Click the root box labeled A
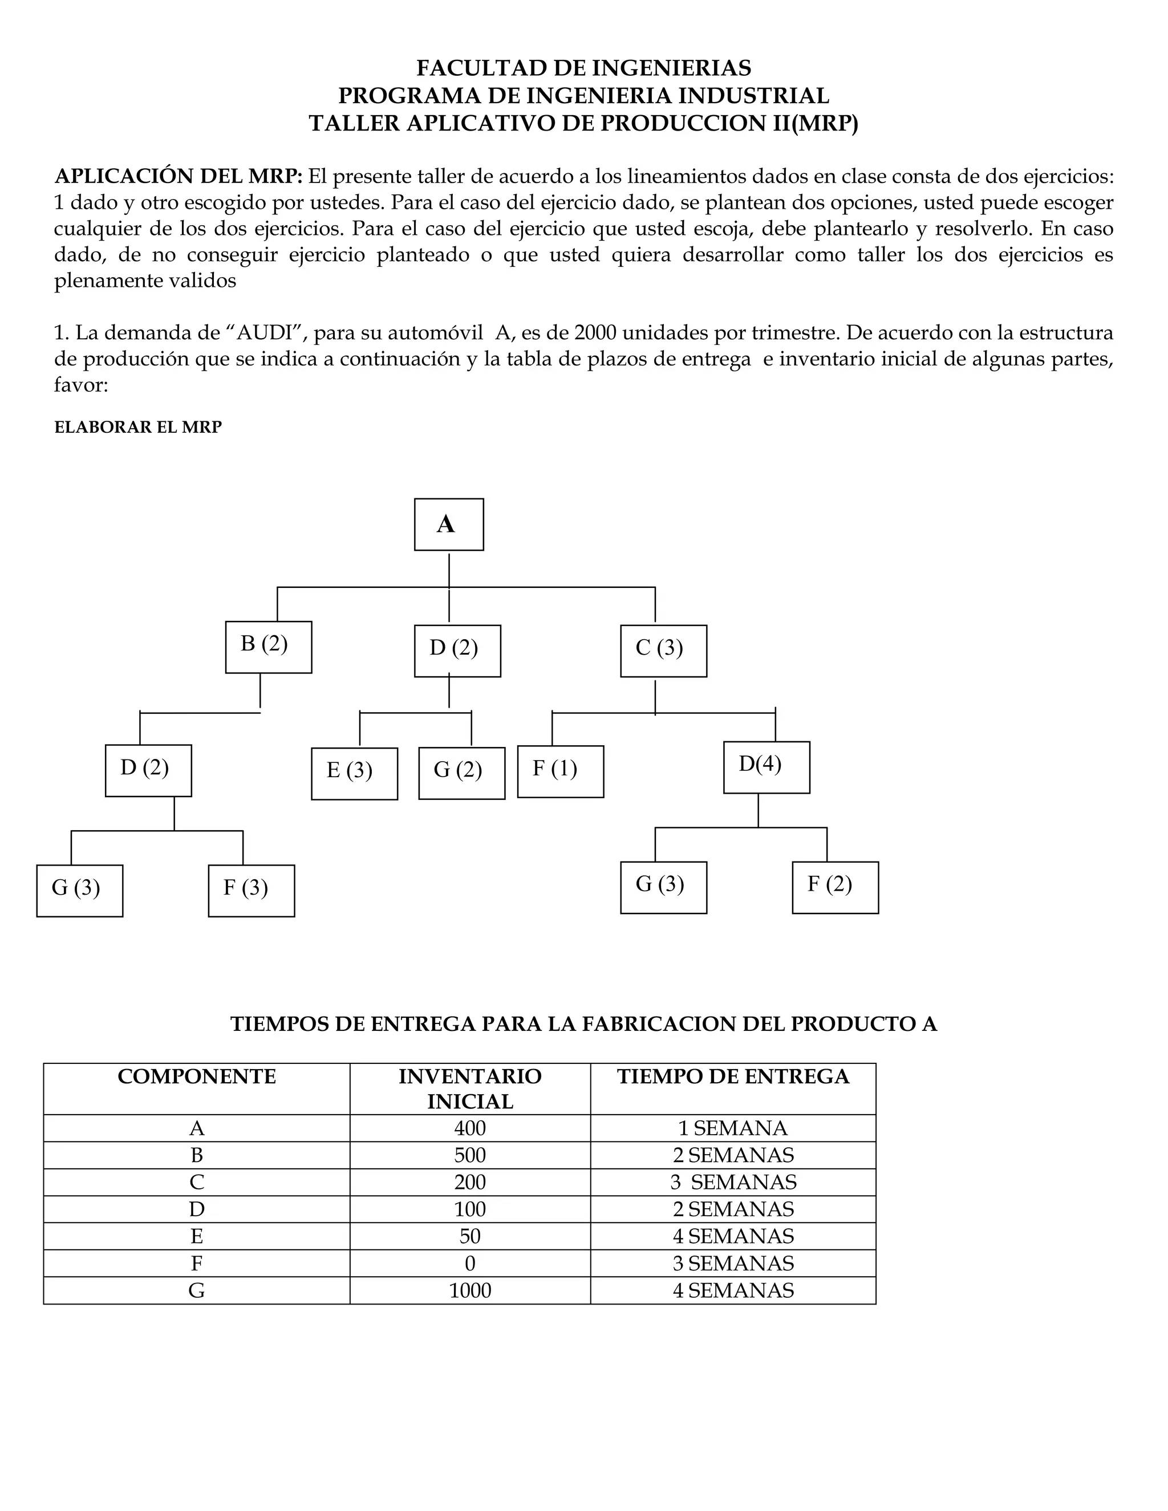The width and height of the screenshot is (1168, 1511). [448, 525]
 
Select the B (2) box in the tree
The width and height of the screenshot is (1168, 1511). [269, 647]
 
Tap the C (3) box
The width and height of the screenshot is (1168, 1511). [663, 651]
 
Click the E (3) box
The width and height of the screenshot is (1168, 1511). [354, 774]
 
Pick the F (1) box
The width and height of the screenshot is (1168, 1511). [561, 771]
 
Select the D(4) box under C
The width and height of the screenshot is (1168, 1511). [766, 767]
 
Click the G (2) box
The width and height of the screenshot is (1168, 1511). [461, 773]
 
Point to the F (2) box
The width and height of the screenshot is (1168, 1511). [835, 887]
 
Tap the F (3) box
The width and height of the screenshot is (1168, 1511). [251, 891]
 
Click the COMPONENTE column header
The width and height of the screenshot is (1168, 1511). [197, 1077]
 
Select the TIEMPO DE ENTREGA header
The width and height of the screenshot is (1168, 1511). [733, 1077]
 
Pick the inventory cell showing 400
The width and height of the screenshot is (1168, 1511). [470, 1128]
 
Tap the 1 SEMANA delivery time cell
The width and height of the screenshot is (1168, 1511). [733, 1128]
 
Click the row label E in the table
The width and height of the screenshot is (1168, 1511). [197, 1236]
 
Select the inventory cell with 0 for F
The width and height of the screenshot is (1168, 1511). [470, 1264]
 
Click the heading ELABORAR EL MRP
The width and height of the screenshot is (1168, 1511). [137, 427]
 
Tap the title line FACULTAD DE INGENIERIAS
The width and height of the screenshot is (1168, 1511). [583, 68]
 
